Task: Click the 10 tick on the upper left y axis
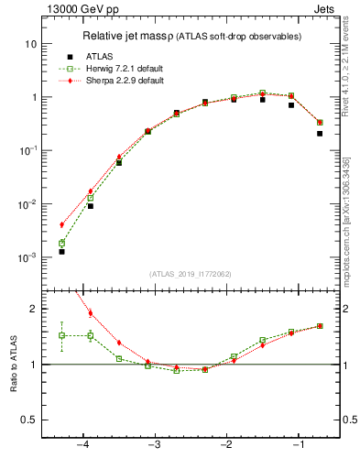pyautogui.click(x=30, y=44)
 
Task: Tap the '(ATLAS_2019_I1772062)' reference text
pyautogui.click(x=191, y=274)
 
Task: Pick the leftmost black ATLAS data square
pyautogui.click(x=61, y=251)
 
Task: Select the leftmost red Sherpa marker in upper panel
pyautogui.click(x=61, y=224)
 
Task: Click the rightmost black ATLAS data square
pyautogui.click(x=320, y=134)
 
